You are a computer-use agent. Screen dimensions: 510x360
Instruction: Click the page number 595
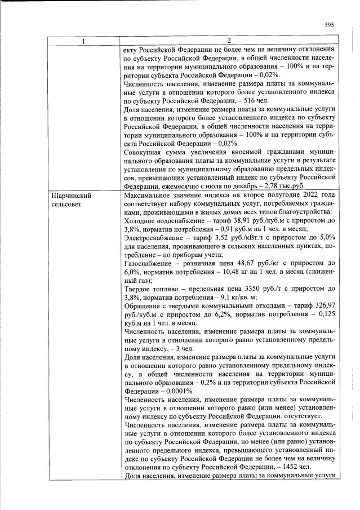click(330, 24)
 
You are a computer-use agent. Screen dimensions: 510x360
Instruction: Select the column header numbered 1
click(85, 41)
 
